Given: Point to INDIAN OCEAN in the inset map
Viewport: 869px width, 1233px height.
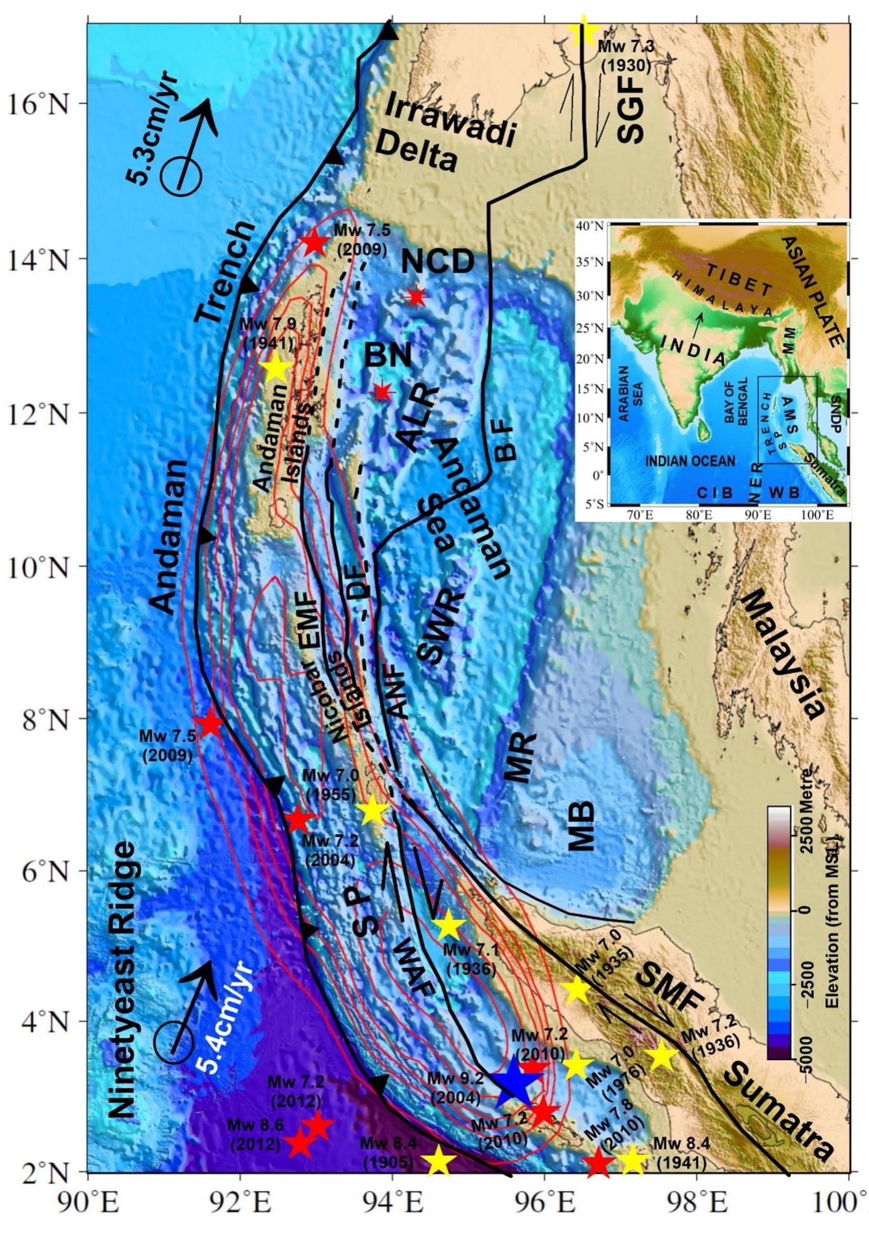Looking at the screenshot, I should click(690, 461).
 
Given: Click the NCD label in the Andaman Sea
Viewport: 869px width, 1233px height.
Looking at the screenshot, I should click(437, 261).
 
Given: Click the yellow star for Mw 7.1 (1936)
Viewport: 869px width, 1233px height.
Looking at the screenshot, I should click(449, 926).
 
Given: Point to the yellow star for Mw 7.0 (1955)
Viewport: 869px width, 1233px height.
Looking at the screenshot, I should click(373, 810).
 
